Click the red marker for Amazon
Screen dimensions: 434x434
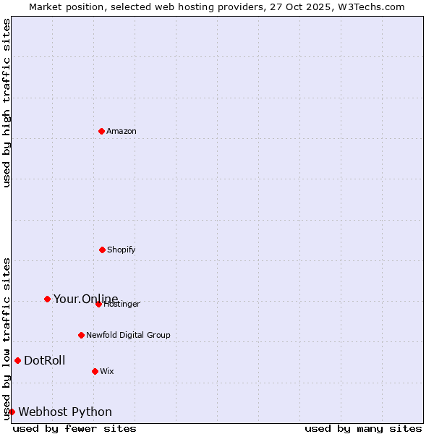101,131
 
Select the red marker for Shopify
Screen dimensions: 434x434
102,250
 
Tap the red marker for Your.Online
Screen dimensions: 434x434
47,299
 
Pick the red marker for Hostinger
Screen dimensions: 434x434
98,304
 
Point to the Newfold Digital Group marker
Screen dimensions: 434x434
81,335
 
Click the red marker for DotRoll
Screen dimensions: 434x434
17,360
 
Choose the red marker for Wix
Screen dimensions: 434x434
95,371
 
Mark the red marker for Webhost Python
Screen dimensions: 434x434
12,412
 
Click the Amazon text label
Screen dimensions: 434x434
122,131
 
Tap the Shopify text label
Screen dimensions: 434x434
122,250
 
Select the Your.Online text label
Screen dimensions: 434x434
85,299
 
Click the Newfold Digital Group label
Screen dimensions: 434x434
128,335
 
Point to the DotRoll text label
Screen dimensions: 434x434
44,360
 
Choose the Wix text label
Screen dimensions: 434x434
107,371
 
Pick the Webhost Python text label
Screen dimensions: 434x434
65,412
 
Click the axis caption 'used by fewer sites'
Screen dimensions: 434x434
75,428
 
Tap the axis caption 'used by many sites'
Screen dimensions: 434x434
363,428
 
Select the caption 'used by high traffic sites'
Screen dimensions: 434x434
7,103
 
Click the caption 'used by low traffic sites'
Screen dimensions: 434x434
7,339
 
